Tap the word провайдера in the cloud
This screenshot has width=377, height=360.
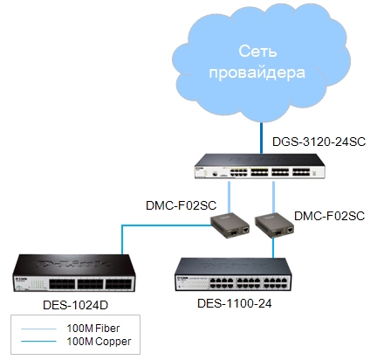[x=257, y=73]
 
